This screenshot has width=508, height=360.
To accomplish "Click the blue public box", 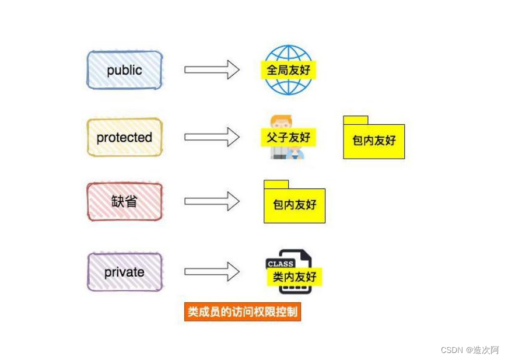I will (124, 70).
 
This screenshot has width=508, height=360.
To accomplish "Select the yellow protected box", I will (124, 138).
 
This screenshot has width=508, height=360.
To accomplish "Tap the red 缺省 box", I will (124, 202).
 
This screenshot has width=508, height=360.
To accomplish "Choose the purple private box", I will (124, 272).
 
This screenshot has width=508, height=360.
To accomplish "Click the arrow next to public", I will (212, 70).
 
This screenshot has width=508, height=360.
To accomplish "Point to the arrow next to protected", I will (212, 137).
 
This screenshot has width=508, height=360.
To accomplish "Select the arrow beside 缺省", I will (212, 202).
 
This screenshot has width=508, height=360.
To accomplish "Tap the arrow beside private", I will (212, 271).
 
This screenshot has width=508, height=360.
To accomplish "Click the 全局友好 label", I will (288, 71).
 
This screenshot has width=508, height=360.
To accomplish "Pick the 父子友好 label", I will (288, 138).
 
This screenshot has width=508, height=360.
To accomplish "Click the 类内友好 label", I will (295, 277).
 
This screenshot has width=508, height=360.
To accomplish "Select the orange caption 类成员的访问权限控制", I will (242, 312).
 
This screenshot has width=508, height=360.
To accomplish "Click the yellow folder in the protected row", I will (374, 141).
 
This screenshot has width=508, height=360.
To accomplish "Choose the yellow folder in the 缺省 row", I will (295, 205).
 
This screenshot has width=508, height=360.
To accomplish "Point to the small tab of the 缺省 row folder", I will (276, 184).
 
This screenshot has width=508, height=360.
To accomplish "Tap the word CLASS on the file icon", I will (280, 264).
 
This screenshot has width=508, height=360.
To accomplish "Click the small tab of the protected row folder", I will (355, 120).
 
